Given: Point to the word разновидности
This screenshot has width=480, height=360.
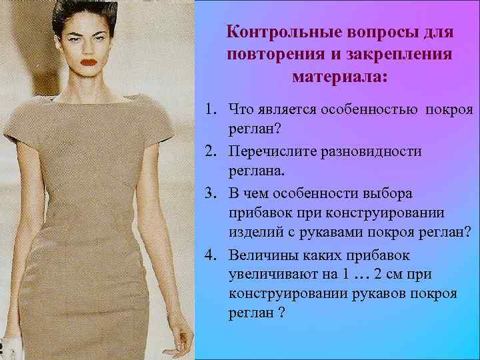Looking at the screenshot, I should click(381, 151).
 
